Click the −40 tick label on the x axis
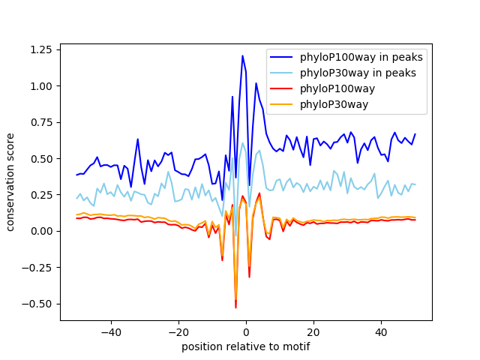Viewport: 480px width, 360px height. pyautogui.click(x=110, y=331)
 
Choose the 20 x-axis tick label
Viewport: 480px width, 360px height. pyautogui.click(x=313, y=331)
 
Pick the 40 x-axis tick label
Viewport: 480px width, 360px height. pyautogui.click(x=381, y=331)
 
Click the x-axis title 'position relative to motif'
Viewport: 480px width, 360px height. pyautogui.click(x=246, y=346)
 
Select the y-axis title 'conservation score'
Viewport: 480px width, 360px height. pyautogui.click(x=11, y=181)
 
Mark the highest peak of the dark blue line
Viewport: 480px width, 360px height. pyautogui.click(x=242, y=55)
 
